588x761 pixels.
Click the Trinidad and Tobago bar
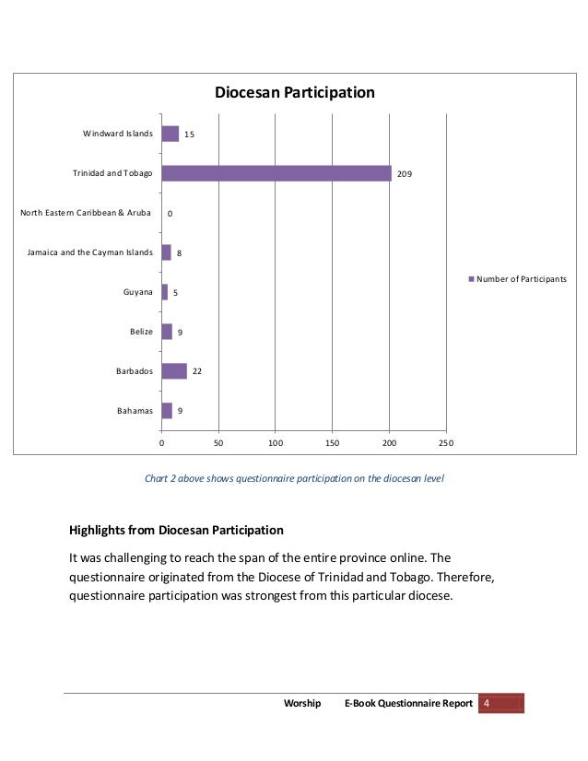pos(276,173)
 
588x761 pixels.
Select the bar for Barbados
pos(174,371)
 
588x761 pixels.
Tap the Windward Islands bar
pos(171,134)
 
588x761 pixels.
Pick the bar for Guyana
pos(165,292)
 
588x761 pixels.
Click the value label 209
pos(405,174)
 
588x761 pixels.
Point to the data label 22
pos(197,372)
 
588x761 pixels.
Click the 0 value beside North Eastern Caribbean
pos(170,214)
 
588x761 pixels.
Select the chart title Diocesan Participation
pos(294,93)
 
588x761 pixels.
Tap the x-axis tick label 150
pos(332,444)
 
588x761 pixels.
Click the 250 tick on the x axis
pos(446,444)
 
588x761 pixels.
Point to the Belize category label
pos(141,332)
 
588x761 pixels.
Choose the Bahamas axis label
pos(135,411)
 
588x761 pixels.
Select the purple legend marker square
pos(472,278)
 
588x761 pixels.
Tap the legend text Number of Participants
pos(522,278)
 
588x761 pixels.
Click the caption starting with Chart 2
pos(294,478)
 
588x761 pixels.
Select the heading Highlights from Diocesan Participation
pos(177,531)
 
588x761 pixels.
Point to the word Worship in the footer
pos(302,704)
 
